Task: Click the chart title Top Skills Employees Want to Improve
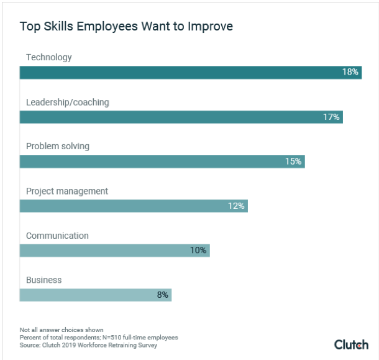click(x=126, y=26)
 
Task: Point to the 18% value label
click(x=350, y=72)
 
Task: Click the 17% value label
click(x=331, y=117)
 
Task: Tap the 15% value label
click(x=293, y=162)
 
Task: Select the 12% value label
click(x=236, y=206)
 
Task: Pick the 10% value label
click(x=198, y=251)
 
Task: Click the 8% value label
click(x=163, y=295)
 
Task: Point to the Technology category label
click(x=49, y=57)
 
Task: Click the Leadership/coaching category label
click(x=68, y=102)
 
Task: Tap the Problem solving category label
click(x=58, y=146)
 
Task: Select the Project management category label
click(x=67, y=191)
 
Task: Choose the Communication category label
click(x=57, y=236)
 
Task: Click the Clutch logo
click(x=351, y=344)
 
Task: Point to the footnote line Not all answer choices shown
click(x=62, y=330)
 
